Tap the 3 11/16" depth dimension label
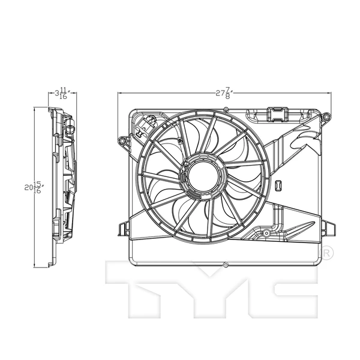pos(62,94)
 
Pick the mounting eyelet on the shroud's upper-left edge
pos(123,142)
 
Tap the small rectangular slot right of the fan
pos(277,186)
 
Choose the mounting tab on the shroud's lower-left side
pos(124,229)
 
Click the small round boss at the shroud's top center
pos(225,109)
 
